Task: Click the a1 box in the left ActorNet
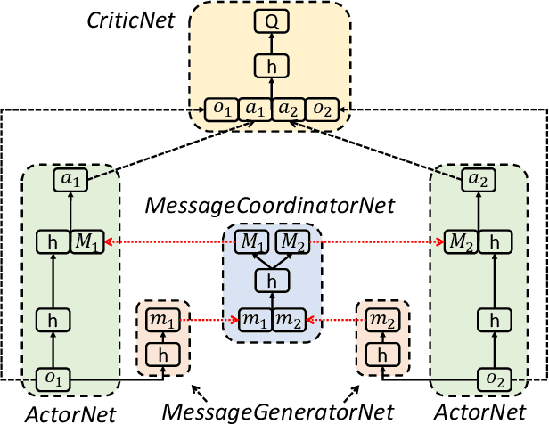click(69, 179)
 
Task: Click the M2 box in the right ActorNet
click(460, 241)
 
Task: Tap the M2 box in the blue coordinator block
click(290, 241)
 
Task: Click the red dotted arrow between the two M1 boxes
click(169, 241)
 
